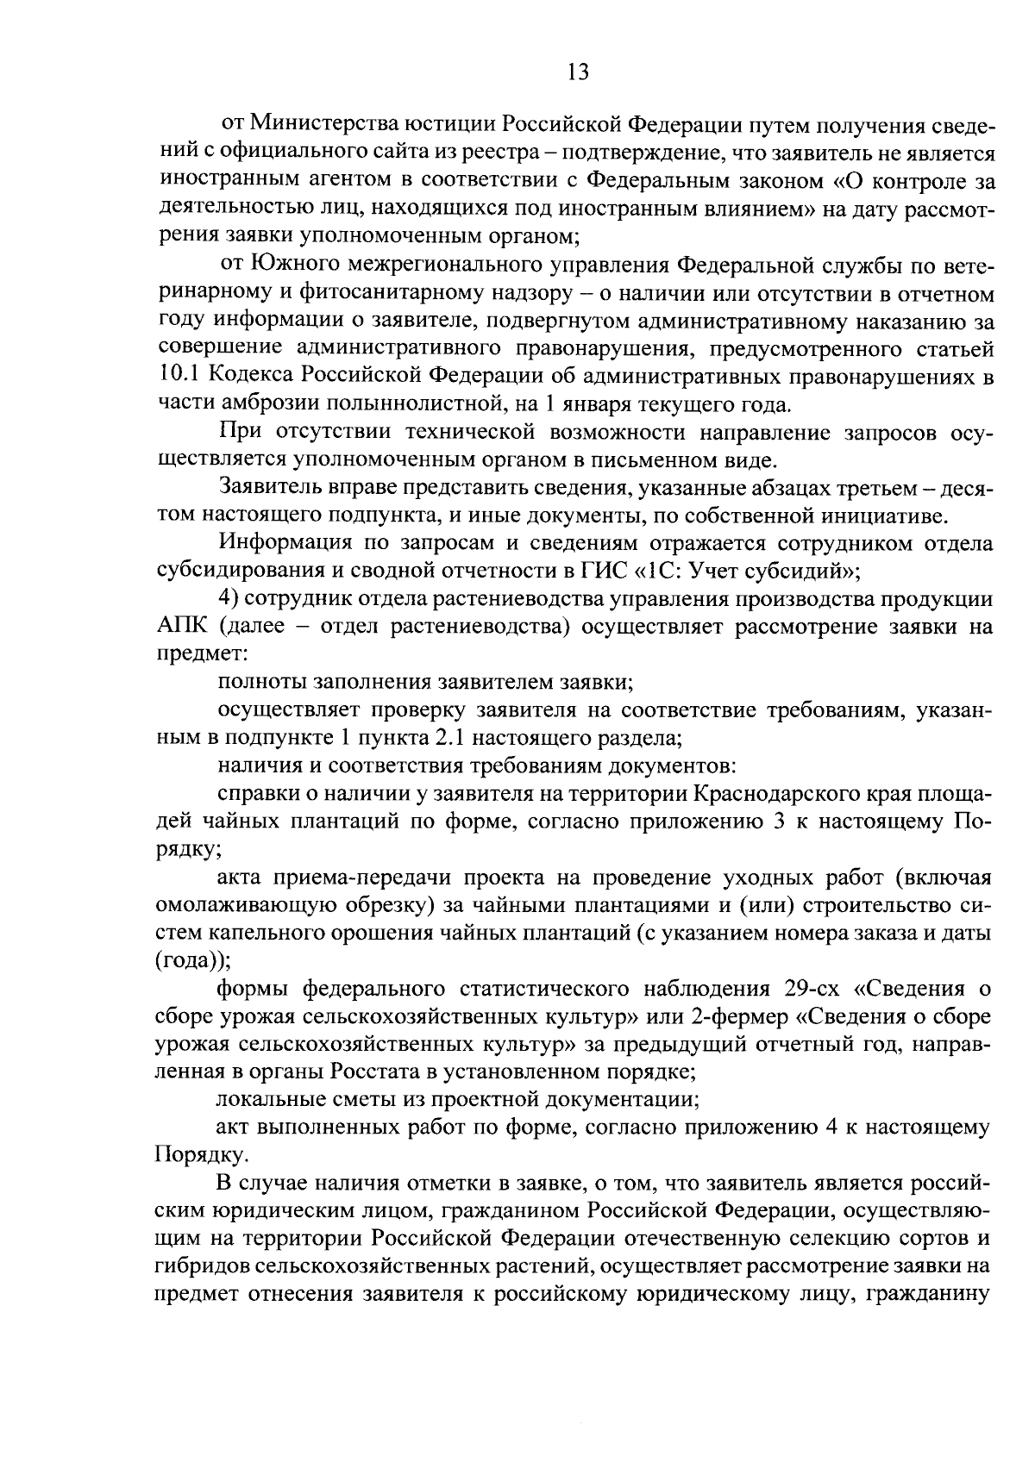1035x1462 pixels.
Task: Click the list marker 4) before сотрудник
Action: [x=229, y=599]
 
